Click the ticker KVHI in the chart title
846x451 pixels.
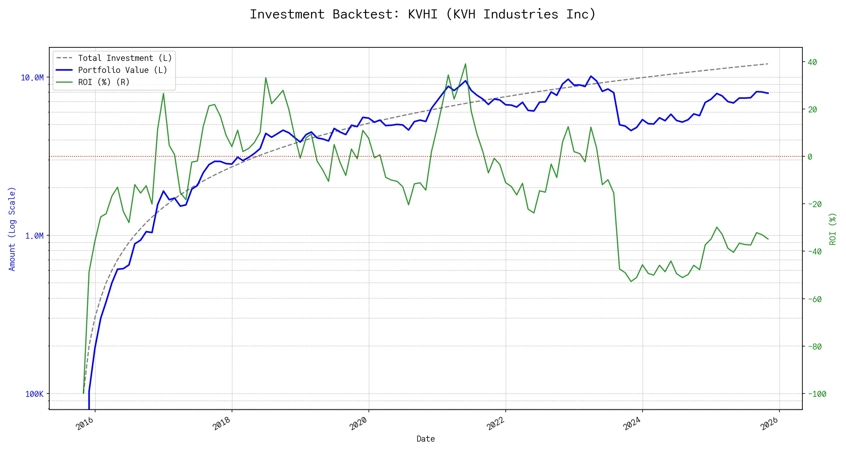tap(422, 14)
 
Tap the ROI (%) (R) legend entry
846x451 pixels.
tap(103, 82)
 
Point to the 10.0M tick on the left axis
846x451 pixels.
tap(32, 78)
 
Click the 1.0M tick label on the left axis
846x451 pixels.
tap(34, 236)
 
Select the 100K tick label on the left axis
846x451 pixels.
tap(34, 394)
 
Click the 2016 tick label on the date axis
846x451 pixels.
tap(85, 424)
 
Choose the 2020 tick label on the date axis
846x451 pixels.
tap(358, 424)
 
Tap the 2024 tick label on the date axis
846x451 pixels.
tap(632, 424)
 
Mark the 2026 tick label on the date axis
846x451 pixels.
tap(769, 424)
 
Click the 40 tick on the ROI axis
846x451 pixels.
tap(812, 62)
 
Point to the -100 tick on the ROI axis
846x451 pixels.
tap(817, 394)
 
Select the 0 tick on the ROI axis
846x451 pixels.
tap(810, 157)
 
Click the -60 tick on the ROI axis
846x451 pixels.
tap(814, 300)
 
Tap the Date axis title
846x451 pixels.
tap(426, 439)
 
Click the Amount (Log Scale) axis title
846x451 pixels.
tap(12, 229)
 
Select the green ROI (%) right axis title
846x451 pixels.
tap(833, 229)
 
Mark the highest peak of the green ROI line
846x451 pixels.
tap(465, 64)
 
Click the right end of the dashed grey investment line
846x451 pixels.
tap(768, 64)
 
